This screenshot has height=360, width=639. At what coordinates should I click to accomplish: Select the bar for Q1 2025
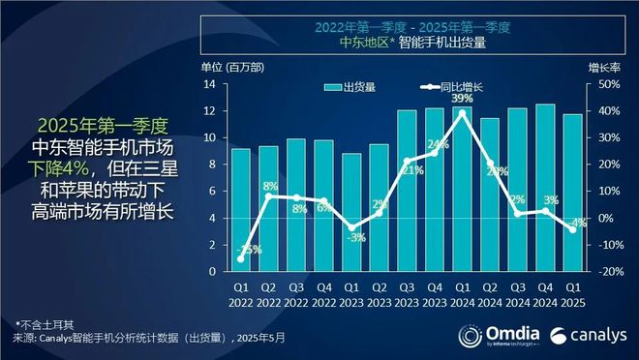pos(572,193)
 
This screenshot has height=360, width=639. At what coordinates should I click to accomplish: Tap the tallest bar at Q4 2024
pos(545,188)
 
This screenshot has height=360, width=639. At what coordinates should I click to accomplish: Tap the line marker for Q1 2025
pos(572,229)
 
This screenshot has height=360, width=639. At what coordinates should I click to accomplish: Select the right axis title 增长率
pos(603,67)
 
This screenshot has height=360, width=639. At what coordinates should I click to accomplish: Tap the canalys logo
pos(585,335)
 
